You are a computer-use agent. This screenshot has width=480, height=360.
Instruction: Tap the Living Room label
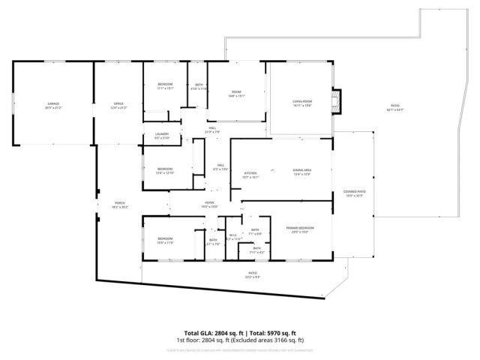point(301,103)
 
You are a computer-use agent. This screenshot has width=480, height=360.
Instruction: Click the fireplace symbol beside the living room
point(337,101)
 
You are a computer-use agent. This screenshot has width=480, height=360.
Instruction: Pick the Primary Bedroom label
point(299,229)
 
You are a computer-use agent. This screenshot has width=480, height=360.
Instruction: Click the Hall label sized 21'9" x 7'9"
point(213,130)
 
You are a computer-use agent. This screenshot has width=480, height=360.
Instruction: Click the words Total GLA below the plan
point(197,333)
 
